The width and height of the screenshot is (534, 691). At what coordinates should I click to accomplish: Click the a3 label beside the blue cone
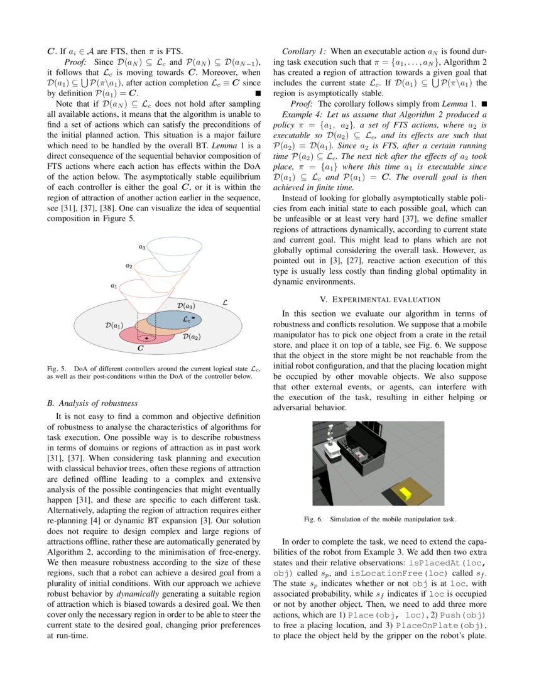click(143, 248)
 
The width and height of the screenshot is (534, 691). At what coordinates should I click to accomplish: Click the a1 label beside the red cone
click(114, 286)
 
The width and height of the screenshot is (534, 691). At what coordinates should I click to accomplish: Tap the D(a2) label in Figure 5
click(191, 337)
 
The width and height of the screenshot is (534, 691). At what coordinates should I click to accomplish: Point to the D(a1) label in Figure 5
click(113, 326)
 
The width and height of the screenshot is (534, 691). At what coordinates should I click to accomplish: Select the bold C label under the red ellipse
click(140, 347)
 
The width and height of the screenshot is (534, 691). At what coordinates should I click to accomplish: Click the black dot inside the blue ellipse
click(193, 318)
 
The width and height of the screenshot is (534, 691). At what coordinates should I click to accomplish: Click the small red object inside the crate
click(359, 452)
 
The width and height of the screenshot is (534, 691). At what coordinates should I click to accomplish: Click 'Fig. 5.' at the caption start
click(57, 368)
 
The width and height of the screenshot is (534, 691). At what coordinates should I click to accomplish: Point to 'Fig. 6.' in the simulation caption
click(312, 520)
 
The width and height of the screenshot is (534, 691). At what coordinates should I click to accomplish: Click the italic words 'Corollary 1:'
click(304, 50)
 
